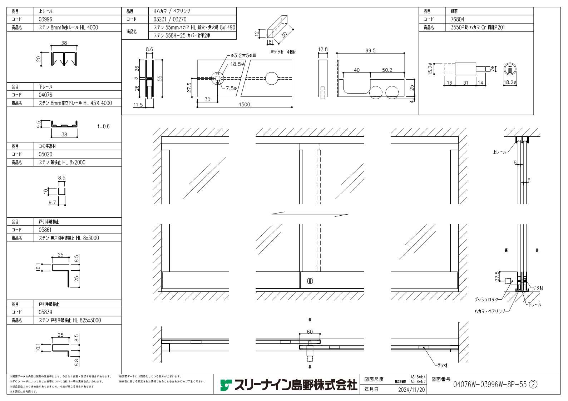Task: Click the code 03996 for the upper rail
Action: click(x=45, y=19)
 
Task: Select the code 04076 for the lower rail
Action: click(x=45, y=95)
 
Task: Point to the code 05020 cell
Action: click(x=45, y=154)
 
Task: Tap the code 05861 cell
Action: click(x=45, y=230)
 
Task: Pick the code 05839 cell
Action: click(x=45, y=312)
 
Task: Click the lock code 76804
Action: click(x=457, y=19)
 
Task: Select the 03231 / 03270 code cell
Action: click(x=170, y=19)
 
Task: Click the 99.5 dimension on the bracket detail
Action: click(x=370, y=51)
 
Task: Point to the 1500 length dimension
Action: click(x=245, y=105)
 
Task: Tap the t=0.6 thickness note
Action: click(x=103, y=126)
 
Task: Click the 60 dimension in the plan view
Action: click(x=310, y=332)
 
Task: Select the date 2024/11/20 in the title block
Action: click(x=411, y=390)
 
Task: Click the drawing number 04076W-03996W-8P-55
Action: click(x=490, y=385)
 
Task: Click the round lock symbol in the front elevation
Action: click(x=310, y=281)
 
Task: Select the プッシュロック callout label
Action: click(x=486, y=300)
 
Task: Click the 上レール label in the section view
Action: click(x=499, y=152)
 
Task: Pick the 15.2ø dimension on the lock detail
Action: click(x=430, y=68)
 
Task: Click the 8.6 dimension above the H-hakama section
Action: click(x=149, y=50)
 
